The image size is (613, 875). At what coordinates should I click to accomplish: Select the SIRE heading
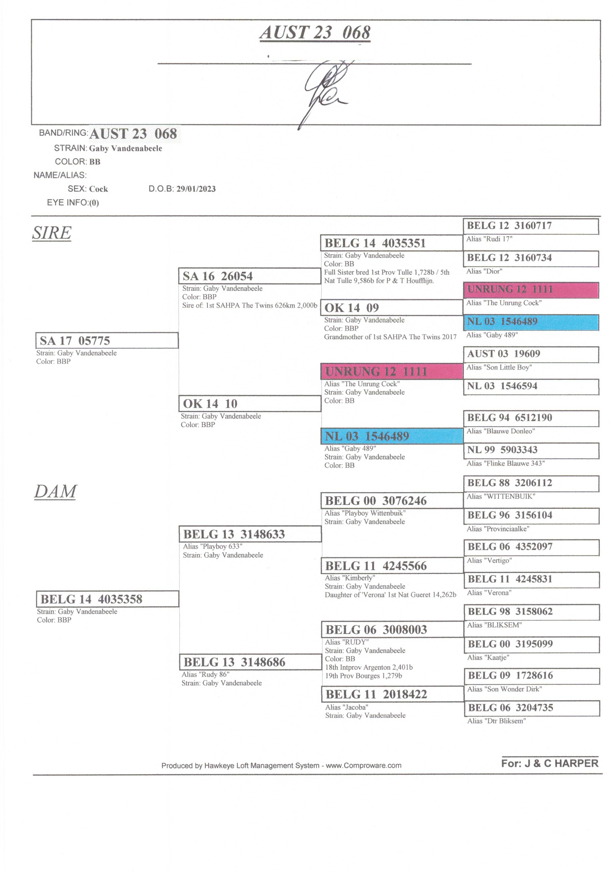coord(52,233)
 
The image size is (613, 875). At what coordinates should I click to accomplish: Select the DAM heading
coord(55,492)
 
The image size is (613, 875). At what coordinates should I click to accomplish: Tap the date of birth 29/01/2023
coord(196,189)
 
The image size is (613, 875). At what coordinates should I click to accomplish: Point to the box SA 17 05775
coord(107,340)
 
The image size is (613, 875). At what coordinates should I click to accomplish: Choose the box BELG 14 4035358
coord(107,599)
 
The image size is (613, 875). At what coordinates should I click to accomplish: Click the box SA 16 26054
coord(250,276)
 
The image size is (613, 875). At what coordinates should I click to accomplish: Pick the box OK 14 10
coord(250,403)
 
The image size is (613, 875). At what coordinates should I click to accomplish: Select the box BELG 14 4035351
coord(392,243)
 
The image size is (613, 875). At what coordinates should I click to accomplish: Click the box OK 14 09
coord(392,308)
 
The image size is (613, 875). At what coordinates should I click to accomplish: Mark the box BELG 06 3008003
coord(392,629)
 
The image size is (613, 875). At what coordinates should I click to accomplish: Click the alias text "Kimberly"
coord(350,578)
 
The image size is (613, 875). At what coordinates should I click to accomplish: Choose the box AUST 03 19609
coord(531,354)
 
